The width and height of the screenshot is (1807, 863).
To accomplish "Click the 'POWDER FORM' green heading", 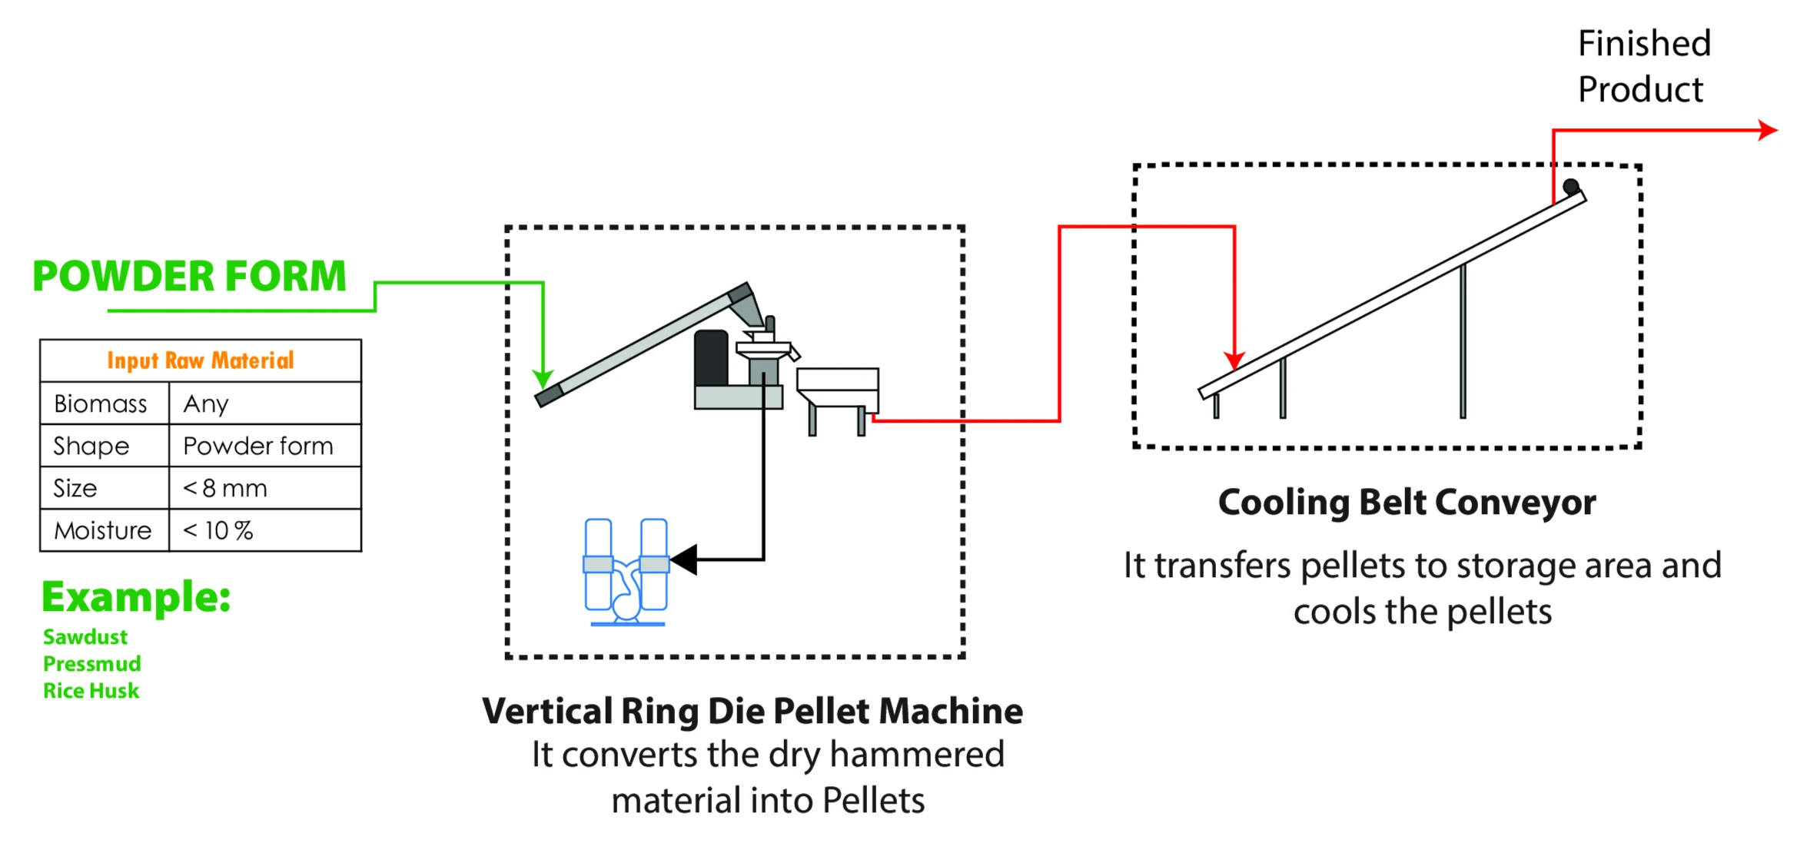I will [189, 277].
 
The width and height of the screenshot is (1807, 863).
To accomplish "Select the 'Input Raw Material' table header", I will [201, 360].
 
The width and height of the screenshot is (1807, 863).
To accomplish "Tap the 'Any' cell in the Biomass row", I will [206, 403].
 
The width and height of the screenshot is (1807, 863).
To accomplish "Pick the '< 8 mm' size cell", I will [225, 488].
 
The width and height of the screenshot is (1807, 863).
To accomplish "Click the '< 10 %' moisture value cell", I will [218, 530].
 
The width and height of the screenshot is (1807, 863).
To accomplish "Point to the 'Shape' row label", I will [91, 446].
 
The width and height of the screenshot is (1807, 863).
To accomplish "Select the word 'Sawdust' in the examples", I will [85, 637].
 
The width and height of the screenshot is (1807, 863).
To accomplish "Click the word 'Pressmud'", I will [92, 664].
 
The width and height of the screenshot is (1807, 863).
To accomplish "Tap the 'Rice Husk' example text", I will [91, 691].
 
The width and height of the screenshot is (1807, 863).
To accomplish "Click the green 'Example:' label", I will [136, 597].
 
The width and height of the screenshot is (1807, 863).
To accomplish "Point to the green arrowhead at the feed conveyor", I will [543, 379].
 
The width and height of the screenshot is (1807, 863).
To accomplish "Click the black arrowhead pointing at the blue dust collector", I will [684, 559].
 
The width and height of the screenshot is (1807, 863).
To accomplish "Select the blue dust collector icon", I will [626, 572].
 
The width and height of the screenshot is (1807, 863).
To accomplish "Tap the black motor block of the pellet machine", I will [711, 358].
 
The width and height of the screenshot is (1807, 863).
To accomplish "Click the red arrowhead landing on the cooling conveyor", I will [1234, 360].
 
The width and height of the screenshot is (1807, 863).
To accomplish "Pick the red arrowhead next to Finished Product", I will [1768, 131].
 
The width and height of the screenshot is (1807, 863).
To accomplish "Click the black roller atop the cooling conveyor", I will [1571, 186].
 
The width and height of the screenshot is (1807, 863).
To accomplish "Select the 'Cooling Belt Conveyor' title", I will [1407, 503].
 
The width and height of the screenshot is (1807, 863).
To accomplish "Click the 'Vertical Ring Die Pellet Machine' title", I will [752, 712].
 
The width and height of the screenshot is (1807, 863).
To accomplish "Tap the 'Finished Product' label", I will [1644, 67].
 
